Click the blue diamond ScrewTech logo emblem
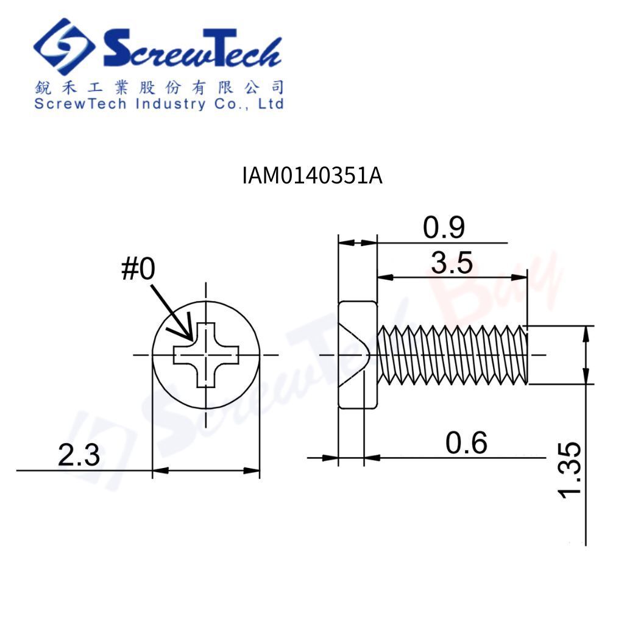coord(63,46)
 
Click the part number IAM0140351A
coord(313,175)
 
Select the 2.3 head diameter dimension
coord(79,455)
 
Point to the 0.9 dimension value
coord(444,228)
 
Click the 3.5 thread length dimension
coord(452,263)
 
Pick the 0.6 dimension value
coord(466,442)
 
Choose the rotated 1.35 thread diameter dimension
coord(570,470)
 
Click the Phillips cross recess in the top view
coord(206,355)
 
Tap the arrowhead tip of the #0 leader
coord(193,341)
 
